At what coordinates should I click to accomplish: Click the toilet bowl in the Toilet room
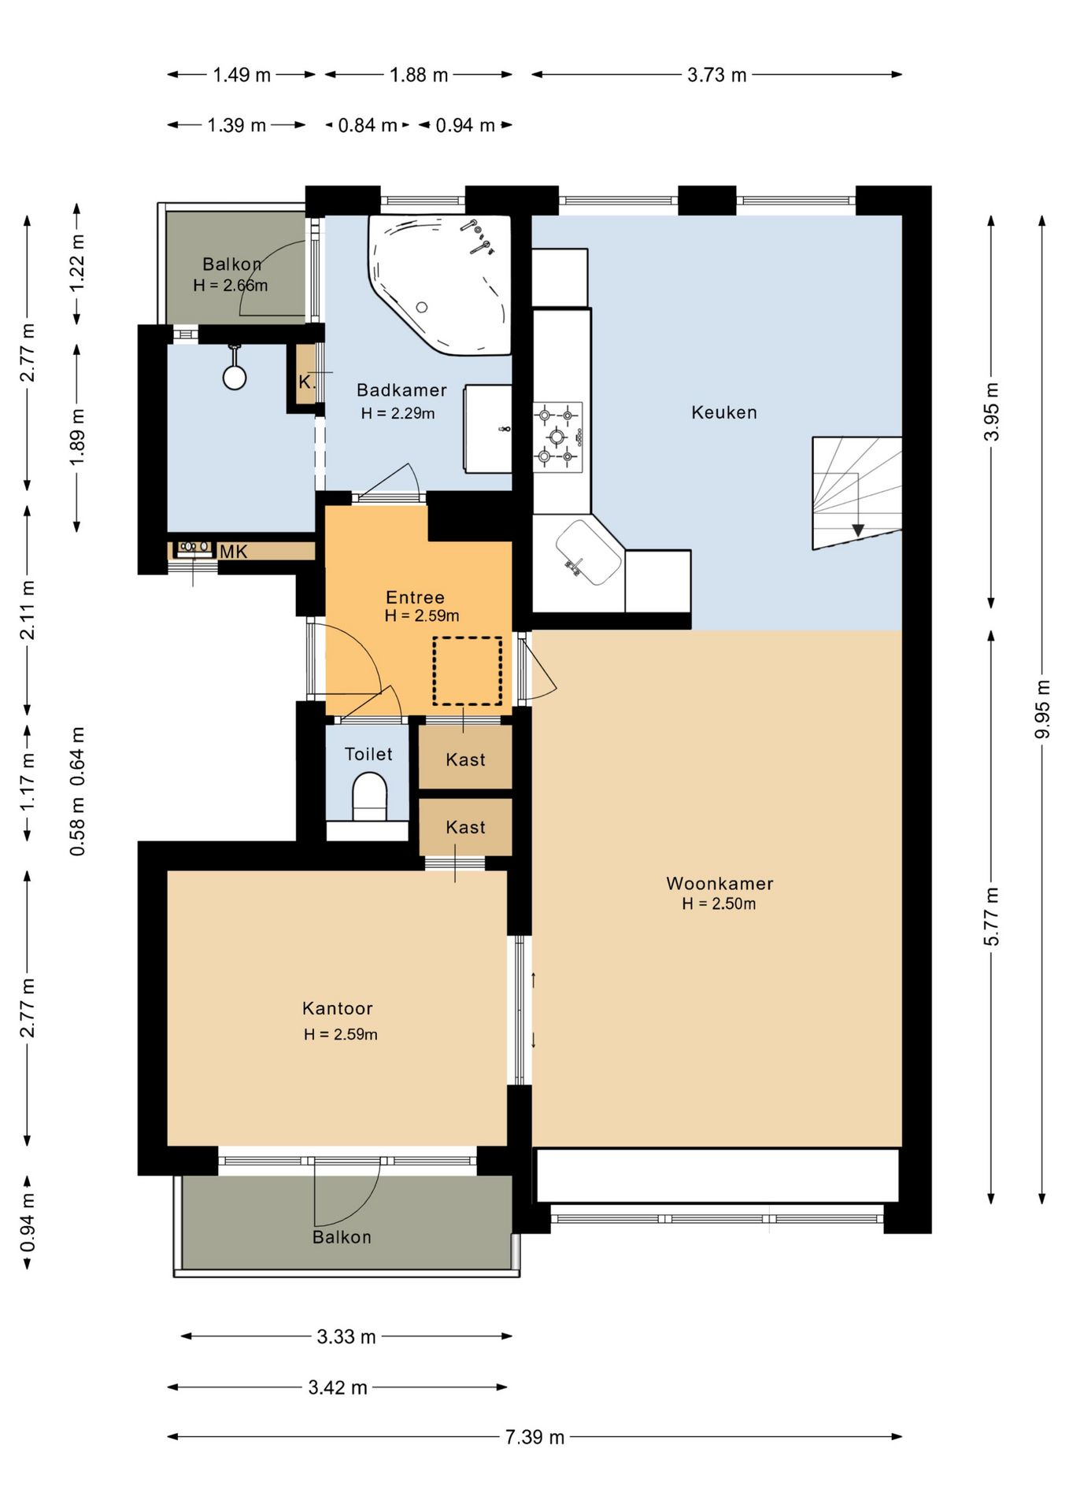pyautogui.click(x=369, y=796)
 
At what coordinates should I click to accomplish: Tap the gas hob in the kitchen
pyautogui.click(x=557, y=437)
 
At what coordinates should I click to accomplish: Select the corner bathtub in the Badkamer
pyautogui.click(x=439, y=284)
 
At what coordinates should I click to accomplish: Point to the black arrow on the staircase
pyautogui.click(x=858, y=530)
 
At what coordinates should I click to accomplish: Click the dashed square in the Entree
pyautogui.click(x=468, y=671)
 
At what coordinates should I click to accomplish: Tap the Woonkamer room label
pyautogui.click(x=719, y=883)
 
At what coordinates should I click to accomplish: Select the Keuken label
pyautogui.click(x=724, y=412)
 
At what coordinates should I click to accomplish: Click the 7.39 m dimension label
pyautogui.click(x=535, y=1437)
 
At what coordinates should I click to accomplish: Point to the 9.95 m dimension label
pyautogui.click(x=1042, y=709)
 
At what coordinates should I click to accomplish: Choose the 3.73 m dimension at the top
pyautogui.click(x=716, y=75)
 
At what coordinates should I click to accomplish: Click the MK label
pyautogui.click(x=233, y=552)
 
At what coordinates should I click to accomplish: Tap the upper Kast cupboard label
pyautogui.click(x=465, y=759)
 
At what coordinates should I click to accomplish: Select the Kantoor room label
pyautogui.click(x=337, y=1008)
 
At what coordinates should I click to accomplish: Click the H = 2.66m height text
pyautogui.click(x=231, y=285)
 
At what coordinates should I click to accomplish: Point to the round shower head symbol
pyautogui.click(x=235, y=377)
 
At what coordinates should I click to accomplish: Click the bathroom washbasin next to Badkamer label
pyautogui.click(x=488, y=428)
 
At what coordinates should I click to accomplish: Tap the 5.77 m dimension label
pyautogui.click(x=992, y=917)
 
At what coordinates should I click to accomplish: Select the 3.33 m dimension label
pyautogui.click(x=346, y=1336)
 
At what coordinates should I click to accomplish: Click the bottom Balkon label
pyautogui.click(x=342, y=1237)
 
